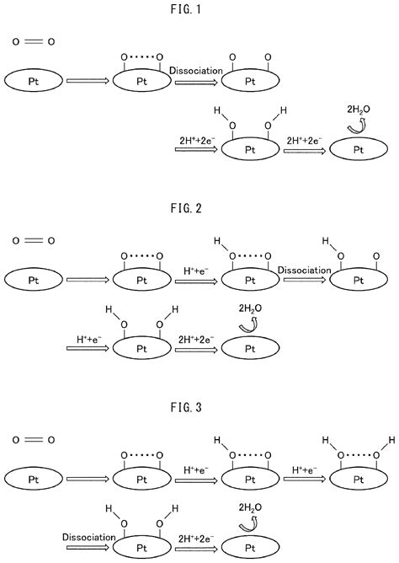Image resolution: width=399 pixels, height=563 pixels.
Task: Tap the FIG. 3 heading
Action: (199, 405)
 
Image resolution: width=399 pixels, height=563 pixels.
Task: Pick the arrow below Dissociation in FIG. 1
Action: (195, 82)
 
